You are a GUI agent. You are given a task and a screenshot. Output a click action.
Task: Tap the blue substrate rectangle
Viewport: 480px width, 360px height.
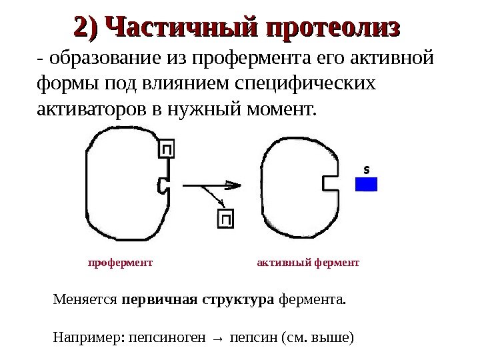tap(366, 184)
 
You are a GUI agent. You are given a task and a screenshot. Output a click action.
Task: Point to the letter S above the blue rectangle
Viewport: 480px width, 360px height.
tap(365, 169)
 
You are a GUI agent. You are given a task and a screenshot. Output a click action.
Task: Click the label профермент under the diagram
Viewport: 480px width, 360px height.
tap(121, 263)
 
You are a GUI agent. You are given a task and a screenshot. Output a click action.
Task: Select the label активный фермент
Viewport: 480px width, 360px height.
tap(308, 263)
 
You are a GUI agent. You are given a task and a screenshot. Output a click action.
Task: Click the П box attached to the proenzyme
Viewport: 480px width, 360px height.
tap(167, 149)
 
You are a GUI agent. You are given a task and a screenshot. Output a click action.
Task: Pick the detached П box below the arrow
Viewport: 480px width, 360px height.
tap(226, 219)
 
